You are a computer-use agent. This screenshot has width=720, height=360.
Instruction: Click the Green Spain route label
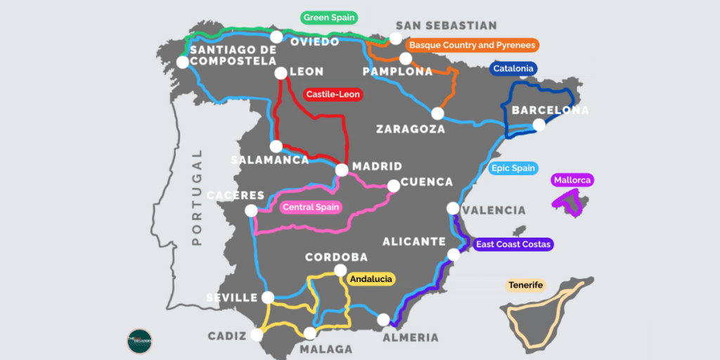click(329, 18)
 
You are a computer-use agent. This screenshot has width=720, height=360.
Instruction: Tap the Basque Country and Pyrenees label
click(472, 45)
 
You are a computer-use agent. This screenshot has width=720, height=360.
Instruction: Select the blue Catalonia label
click(513, 69)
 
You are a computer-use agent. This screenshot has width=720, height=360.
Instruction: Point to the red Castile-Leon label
click(333, 94)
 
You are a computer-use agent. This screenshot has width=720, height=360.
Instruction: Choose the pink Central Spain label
click(311, 207)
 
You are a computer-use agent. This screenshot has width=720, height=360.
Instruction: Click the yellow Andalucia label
click(371, 279)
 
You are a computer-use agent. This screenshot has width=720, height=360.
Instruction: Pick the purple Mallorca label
click(573, 180)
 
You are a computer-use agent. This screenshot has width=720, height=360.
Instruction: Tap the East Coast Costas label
click(513, 245)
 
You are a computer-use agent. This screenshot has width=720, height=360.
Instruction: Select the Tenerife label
click(525, 285)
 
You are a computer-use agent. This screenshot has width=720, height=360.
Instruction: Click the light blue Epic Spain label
click(513, 168)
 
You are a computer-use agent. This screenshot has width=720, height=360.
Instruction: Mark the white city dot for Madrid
click(342, 169)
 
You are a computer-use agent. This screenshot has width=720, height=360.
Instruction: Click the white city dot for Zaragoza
click(438, 113)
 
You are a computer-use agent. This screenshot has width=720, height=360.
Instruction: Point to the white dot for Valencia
click(453, 208)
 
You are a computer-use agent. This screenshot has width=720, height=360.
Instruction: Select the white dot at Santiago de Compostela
click(183, 62)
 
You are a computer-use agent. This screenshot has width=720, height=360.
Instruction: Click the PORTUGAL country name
click(197, 197)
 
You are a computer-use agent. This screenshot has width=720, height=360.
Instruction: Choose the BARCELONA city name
click(550, 110)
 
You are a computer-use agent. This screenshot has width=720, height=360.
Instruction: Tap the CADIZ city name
click(227, 336)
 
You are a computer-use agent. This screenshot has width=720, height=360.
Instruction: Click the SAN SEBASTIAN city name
click(446, 25)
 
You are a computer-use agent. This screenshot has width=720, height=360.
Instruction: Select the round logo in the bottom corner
click(139, 341)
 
